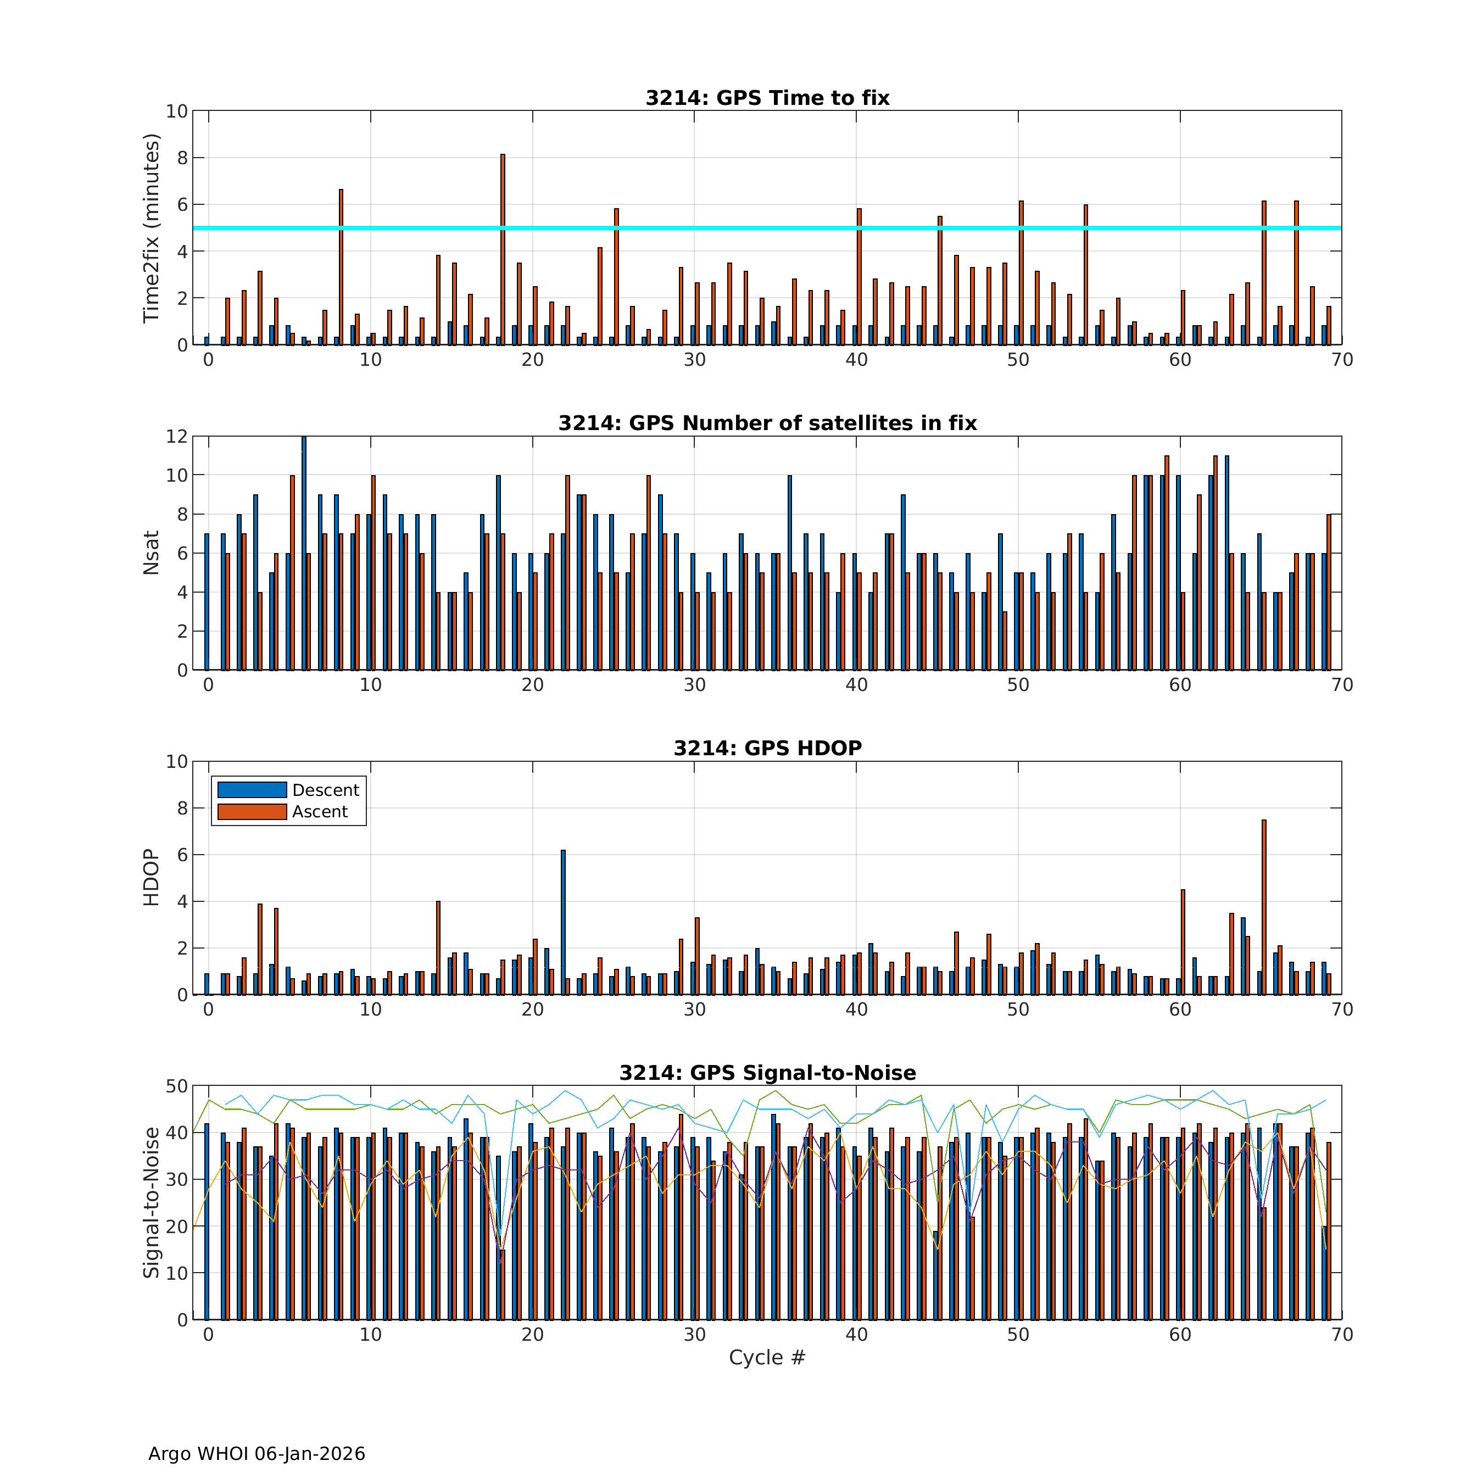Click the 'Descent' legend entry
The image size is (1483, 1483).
tap(326, 790)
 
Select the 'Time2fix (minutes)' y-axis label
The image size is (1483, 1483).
tap(151, 228)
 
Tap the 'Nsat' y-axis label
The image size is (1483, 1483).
tap(151, 553)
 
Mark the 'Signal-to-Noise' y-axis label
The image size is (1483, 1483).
tap(151, 1202)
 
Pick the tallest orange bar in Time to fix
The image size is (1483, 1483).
tap(503, 249)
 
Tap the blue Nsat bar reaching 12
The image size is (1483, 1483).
tap(304, 553)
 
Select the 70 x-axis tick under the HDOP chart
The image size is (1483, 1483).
tap(1342, 1010)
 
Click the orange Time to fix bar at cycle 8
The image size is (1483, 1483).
tap(341, 267)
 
